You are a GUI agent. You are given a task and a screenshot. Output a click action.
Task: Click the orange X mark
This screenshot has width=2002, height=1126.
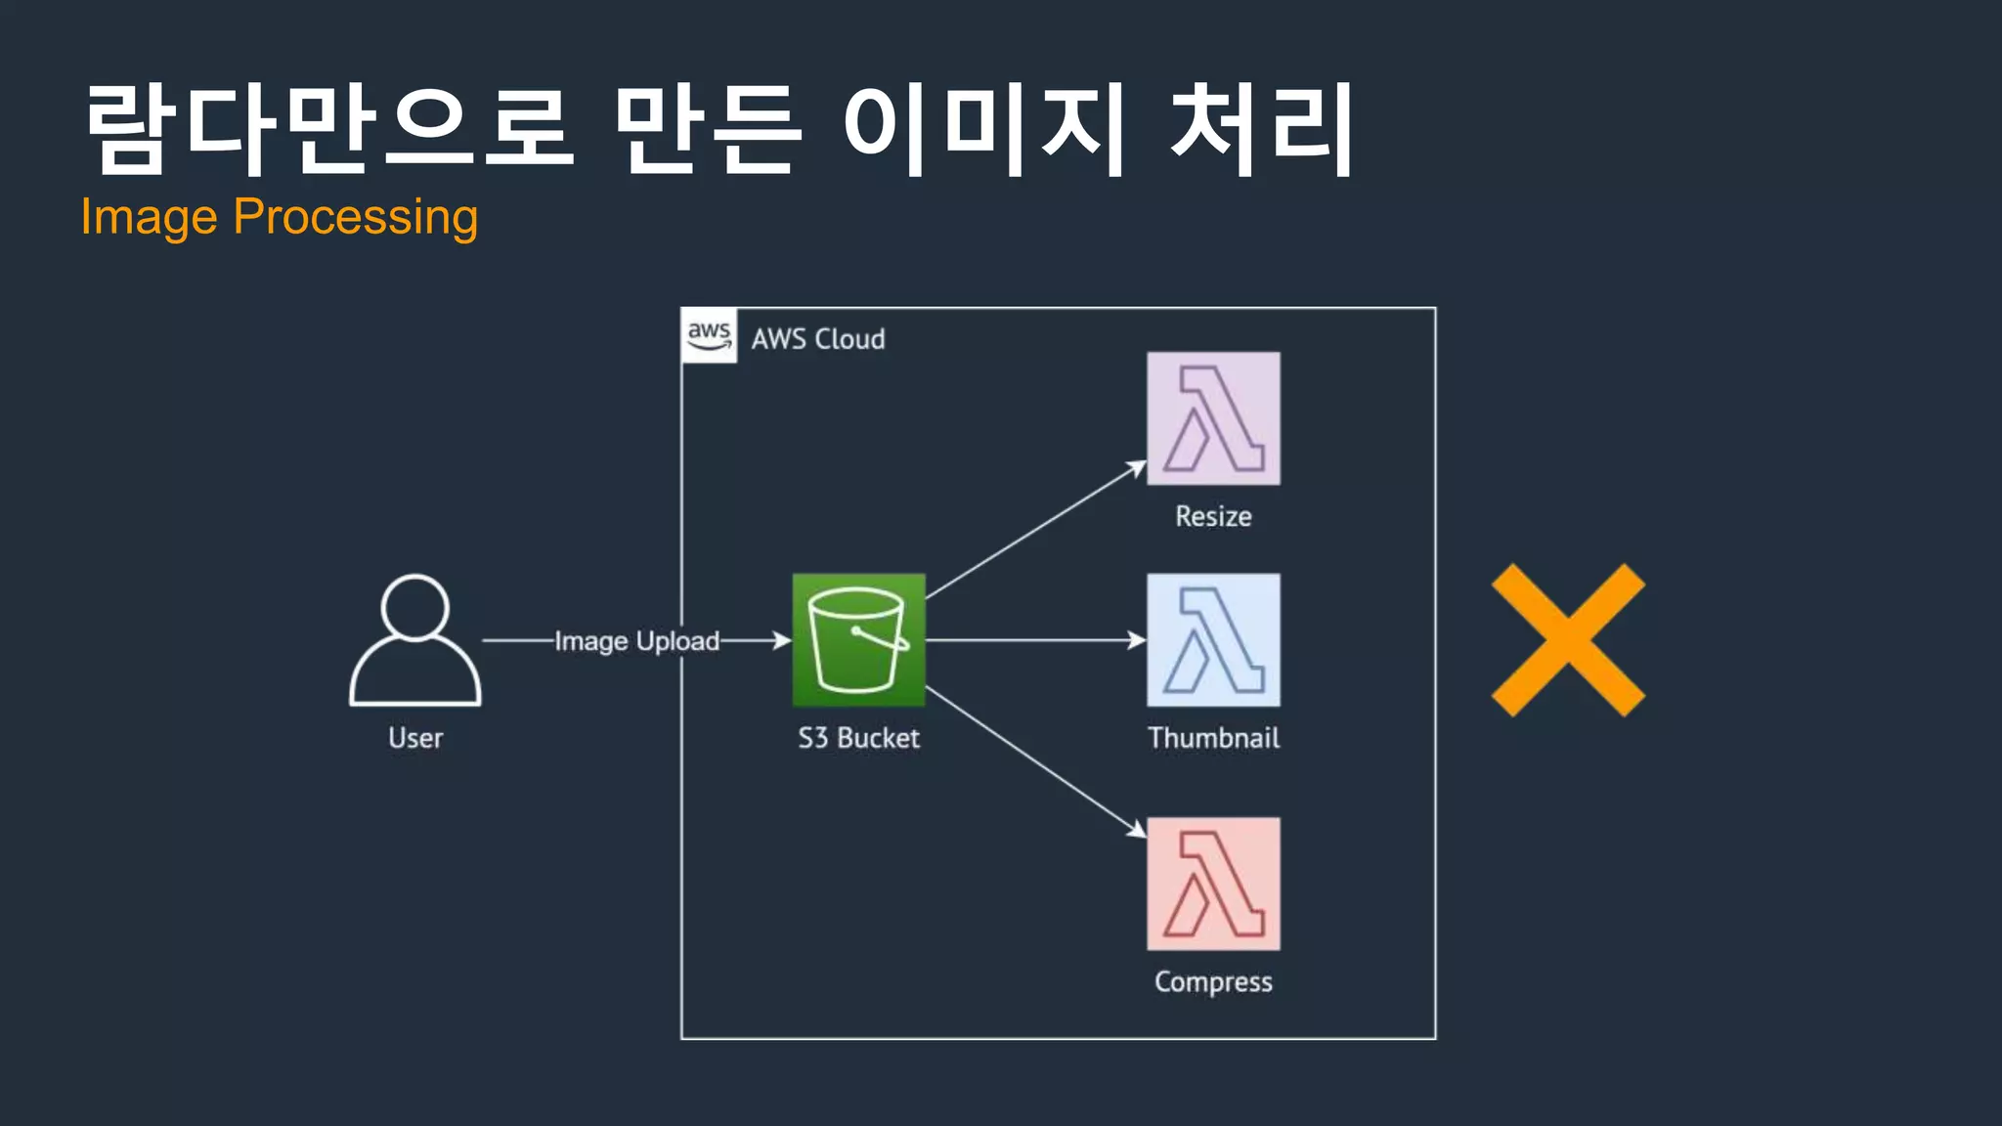[1568, 640]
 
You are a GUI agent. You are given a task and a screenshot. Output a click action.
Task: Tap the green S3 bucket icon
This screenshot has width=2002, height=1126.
[858, 640]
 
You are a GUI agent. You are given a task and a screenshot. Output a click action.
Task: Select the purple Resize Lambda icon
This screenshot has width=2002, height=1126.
[1213, 418]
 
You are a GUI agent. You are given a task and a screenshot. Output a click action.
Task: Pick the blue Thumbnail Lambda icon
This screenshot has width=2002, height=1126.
[1213, 640]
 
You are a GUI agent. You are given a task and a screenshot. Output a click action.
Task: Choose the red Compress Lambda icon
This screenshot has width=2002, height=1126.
[1213, 884]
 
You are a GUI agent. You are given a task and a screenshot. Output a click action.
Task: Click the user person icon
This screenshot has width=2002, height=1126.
[415, 640]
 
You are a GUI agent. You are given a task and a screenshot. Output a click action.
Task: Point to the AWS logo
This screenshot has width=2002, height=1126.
[709, 335]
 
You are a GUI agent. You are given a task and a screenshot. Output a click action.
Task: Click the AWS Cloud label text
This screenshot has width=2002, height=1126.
[818, 339]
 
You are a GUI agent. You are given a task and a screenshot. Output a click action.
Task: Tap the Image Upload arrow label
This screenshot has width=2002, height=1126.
[636, 641]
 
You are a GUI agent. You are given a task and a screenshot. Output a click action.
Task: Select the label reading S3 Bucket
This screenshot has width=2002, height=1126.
[858, 738]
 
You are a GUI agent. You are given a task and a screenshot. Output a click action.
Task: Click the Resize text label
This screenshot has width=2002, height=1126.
[1213, 516]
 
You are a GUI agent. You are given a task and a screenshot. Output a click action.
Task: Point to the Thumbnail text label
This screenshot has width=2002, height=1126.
[1213, 738]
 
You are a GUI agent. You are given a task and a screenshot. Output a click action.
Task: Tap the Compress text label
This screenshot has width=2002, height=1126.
[1213, 981]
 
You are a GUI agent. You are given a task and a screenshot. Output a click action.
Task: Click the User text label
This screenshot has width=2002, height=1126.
[415, 738]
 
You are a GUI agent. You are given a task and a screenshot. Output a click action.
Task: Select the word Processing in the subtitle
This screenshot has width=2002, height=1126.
[356, 217]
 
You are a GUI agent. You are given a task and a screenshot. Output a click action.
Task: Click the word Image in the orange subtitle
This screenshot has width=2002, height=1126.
[149, 217]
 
